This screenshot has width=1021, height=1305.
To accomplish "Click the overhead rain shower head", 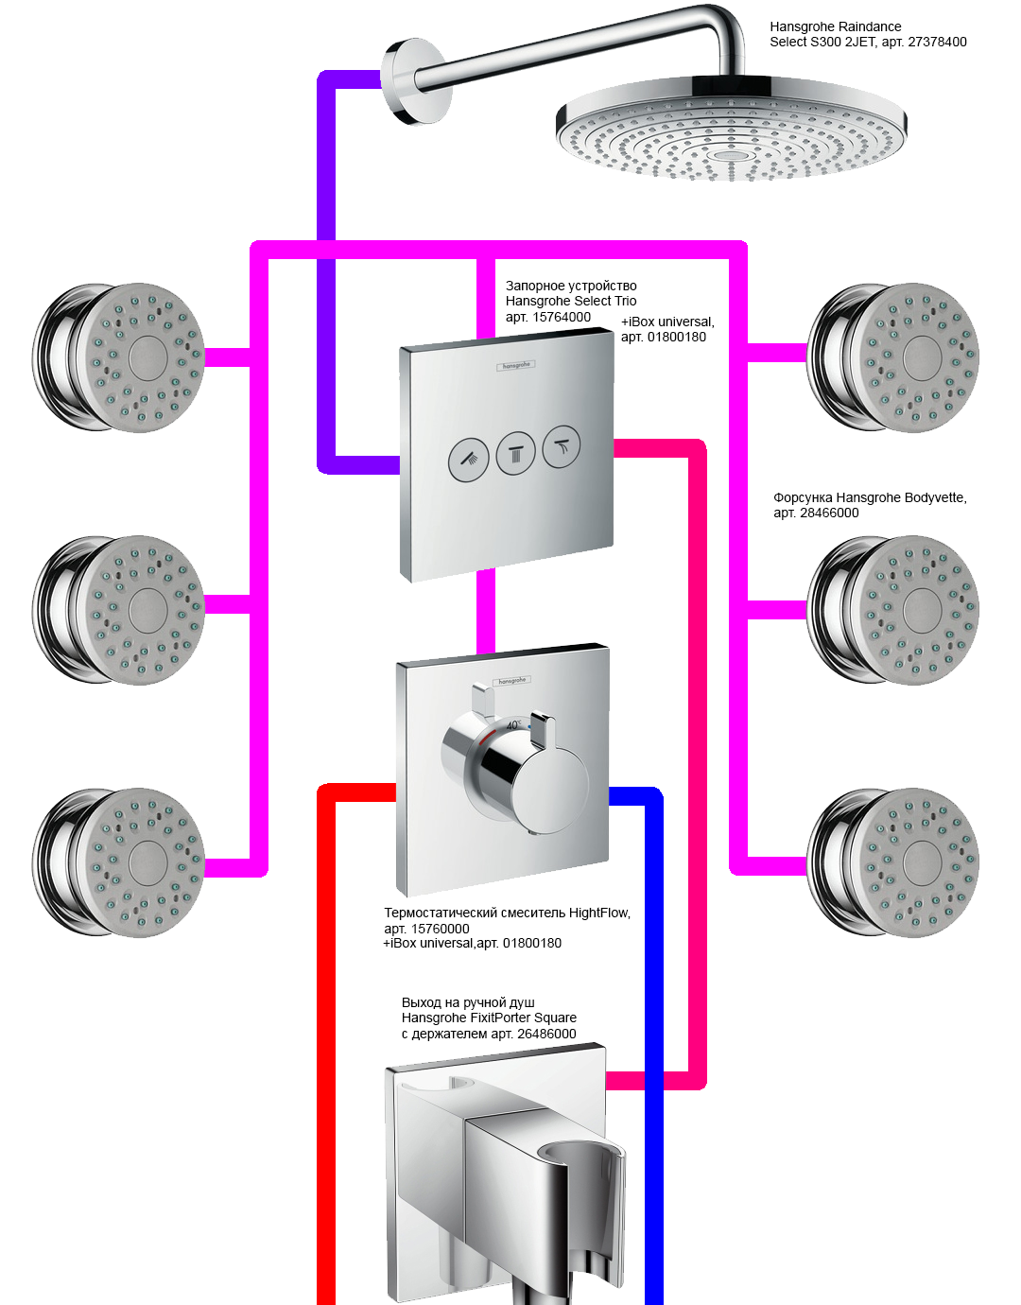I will point(731,132).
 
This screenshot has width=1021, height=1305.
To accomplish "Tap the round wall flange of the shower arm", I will point(414,81).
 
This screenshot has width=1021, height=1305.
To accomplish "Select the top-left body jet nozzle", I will point(120,357).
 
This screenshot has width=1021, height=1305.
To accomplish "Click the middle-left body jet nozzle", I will point(120,611).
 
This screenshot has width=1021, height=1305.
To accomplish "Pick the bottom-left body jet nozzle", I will point(120,862).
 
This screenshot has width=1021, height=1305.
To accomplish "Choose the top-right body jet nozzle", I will point(893,357).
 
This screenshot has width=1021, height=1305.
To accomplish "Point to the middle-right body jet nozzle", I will point(893,611).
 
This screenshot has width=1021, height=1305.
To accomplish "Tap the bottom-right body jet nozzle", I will point(893,862).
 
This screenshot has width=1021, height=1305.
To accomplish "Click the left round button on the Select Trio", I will point(469,460).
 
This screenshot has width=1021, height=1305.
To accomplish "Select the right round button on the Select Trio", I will point(562,445).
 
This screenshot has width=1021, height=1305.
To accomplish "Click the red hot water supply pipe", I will point(326,1040).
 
